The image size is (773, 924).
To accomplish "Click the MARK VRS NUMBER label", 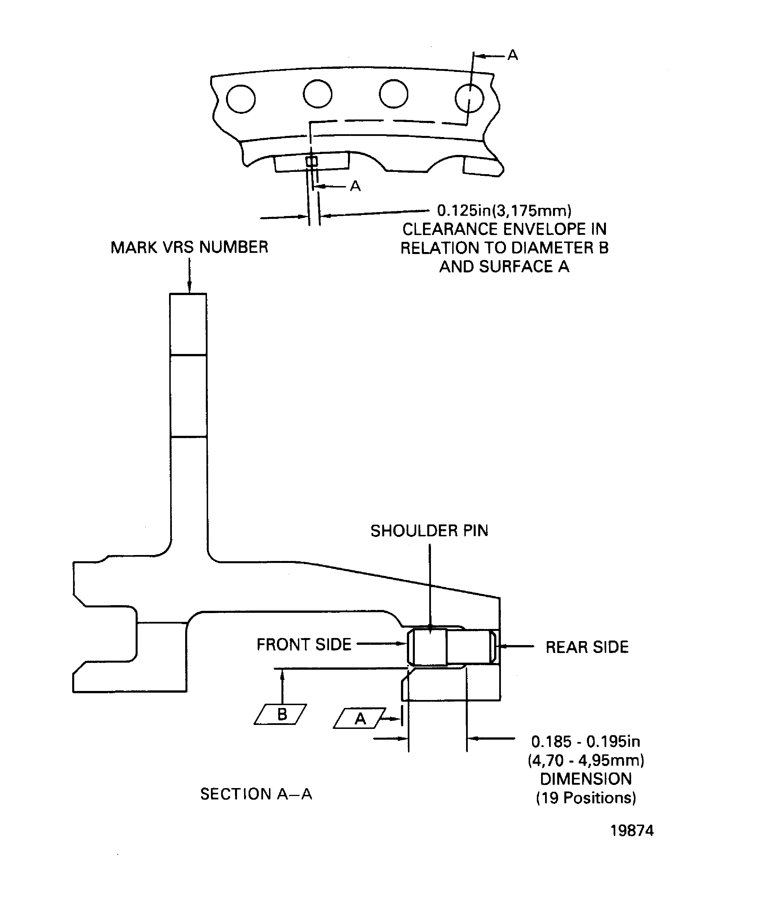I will click(x=189, y=247).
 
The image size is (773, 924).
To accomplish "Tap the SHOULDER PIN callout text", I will click(x=429, y=531).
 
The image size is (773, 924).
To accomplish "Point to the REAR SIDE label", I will click(x=587, y=647).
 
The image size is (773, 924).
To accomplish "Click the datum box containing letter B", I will click(x=281, y=714).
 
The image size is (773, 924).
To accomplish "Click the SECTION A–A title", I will click(x=256, y=794).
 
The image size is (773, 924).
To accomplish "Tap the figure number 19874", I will click(x=632, y=831).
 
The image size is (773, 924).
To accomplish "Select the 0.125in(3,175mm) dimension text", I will click(x=504, y=211).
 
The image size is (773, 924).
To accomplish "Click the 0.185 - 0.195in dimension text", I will click(x=586, y=742).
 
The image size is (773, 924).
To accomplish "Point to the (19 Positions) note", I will click(x=586, y=798).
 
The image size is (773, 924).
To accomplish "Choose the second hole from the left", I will click(x=318, y=94).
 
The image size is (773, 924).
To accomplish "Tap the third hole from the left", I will click(x=393, y=94).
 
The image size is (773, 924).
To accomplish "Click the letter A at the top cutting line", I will click(x=513, y=56).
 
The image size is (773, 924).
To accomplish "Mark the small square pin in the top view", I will click(x=311, y=161).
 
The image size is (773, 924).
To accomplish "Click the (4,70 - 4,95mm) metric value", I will click(x=586, y=760).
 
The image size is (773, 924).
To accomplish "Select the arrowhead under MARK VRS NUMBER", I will click(x=190, y=288).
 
